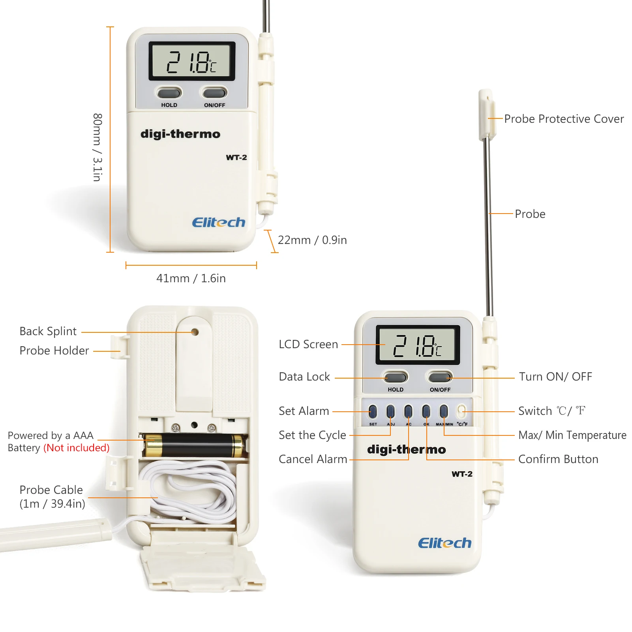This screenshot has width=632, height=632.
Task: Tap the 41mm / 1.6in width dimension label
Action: (x=191, y=278)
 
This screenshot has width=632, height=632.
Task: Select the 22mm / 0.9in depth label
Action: (x=312, y=240)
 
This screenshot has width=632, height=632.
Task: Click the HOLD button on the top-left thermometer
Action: (x=169, y=93)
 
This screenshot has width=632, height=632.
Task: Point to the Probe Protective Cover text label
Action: (x=564, y=119)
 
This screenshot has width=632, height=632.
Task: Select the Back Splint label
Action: (x=48, y=331)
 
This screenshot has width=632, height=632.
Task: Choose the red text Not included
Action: (x=77, y=448)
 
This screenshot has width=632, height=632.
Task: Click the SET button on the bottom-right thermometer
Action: (x=373, y=411)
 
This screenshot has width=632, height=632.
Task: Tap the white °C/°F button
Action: (x=461, y=411)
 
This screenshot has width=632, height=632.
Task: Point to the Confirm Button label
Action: (x=558, y=459)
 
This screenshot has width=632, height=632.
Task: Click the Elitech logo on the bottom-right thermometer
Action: (x=444, y=543)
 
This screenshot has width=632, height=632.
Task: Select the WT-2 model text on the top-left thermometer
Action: (x=236, y=158)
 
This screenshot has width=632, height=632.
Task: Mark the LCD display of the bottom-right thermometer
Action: (x=418, y=345)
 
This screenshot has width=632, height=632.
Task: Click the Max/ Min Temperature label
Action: (x=572, y=435)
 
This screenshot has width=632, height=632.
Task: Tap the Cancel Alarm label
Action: (x=313, y=459)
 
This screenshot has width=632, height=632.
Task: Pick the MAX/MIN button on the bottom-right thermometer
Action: (x=444, y=411)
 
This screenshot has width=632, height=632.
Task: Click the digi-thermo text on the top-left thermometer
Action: (x=180, y=134)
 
